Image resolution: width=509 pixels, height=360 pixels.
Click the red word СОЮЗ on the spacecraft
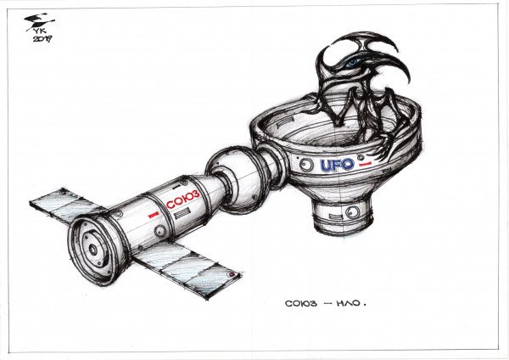pyautogui.click(x=182, y=199)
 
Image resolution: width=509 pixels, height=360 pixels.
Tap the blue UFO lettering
pyautogui.click(x=337, y=165)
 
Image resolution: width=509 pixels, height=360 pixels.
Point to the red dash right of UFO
pyautogui.click(x=365, y=165)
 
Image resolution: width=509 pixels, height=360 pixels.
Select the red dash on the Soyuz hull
pyautogui.click(x=154, y=215)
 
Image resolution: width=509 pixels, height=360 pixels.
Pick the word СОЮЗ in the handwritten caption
pyautogui.click(x=301, y=304)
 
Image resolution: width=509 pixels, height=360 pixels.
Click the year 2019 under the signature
pyautogui.click(x=42, y=39)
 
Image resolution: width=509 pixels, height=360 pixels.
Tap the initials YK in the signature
pyautogui.click(x=38, y=31)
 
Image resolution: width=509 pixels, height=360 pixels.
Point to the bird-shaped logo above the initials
pyautogui.click(x=39, y=20)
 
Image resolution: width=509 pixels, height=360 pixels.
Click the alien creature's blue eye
pyautogui.click(x=352, y=63)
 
